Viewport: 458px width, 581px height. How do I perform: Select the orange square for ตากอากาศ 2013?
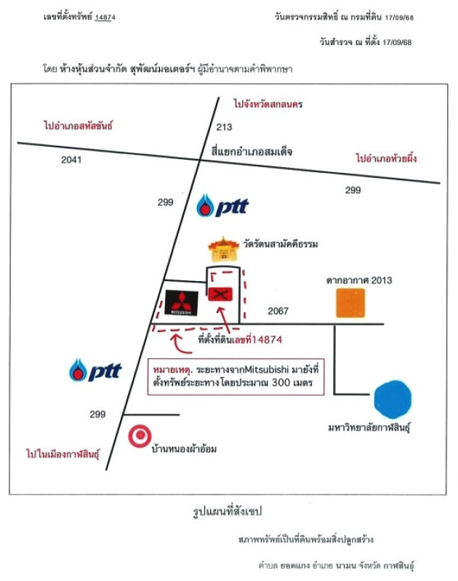pyautogui.click(x=350, y=303)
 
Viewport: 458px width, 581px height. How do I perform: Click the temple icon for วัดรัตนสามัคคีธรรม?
pyautogui.click(x=223, y=249)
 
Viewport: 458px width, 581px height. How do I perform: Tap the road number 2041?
pyautogui.click(x=72, y=160)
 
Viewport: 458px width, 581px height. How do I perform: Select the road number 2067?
pyautogui.click(x=278, y=312)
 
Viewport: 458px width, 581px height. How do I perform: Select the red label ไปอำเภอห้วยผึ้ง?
pyautogui.click(x=390, y=158)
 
